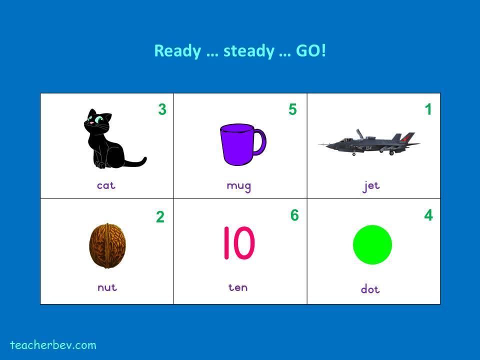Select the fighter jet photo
(x=369, y=143)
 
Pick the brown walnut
(x=107, y=246)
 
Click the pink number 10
(x=239, y=243)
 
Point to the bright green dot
(x=372, y=244)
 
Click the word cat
(x=106, y=185)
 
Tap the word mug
(x=239, y=186)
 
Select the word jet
(x=371, y=186)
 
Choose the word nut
(x=107, y=287)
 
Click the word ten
(x=238, y=287)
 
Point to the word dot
(x=370, y=289)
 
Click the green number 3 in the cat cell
(x=162, y=109)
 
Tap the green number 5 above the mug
(x=292, y=109)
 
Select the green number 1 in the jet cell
(x=428, y=109)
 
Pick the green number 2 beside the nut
(x=160, y=217)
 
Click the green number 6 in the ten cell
(x=294, y=215)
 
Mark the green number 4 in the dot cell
(x=428, y=215)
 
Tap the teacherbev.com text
(x=53, y=345)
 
